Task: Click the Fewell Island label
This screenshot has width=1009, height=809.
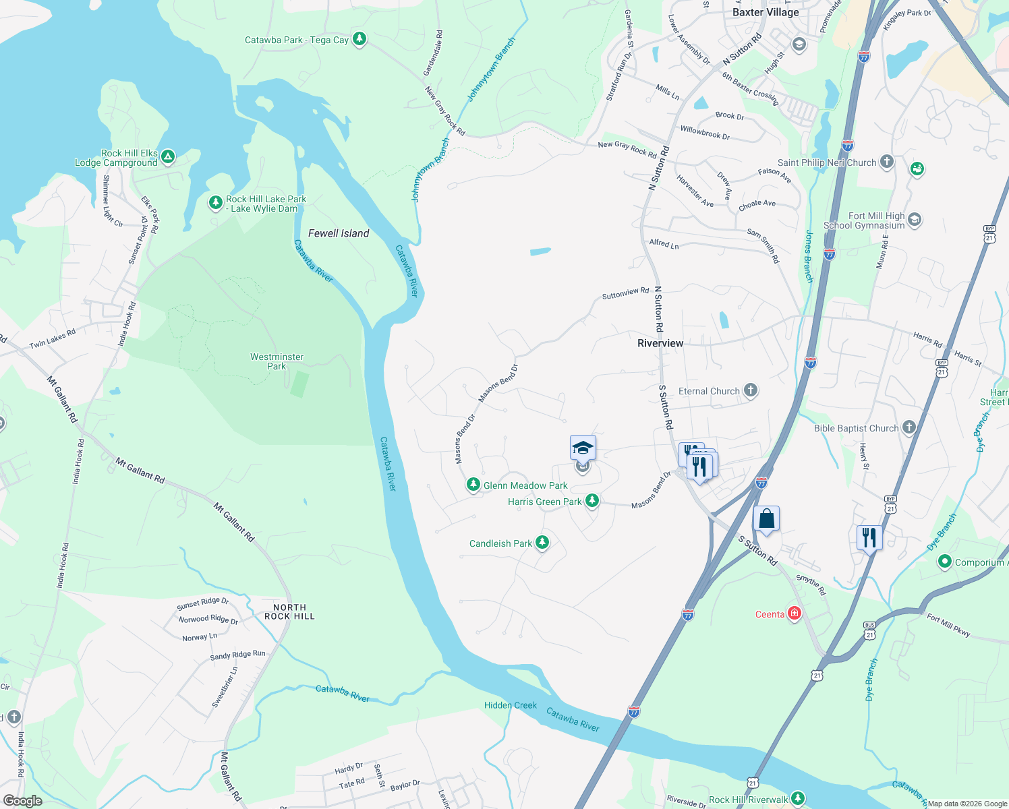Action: click(x=339, y=233)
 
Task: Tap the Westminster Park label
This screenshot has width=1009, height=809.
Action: click(x=277, y=361)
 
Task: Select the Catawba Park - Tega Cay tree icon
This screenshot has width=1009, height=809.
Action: click(x=359, y=38)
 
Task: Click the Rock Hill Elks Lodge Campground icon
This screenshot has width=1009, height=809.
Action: click(x=168, y=157)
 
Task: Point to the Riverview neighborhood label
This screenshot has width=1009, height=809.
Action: click(x=660, y=343)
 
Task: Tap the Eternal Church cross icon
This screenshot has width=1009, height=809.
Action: click(x=750, y=390)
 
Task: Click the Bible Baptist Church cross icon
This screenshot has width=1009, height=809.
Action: click(x=909, y=427)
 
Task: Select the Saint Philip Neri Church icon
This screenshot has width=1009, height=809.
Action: click(x=887, y=161)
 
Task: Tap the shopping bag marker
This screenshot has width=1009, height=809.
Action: click(x=766, y=519)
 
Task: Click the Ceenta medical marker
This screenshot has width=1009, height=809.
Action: click(x=795, y=613)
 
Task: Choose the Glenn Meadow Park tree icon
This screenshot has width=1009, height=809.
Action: click(x=473, y=485)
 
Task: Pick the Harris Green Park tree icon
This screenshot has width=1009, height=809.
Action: click(x=592, y=500)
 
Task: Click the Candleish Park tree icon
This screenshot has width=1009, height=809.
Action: click(x=542, y=542)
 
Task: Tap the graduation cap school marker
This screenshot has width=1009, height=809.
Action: click(x=583, y=448)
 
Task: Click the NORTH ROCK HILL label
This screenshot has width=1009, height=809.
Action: click(x=289, y=611)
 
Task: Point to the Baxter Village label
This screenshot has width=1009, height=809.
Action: click(x=766, y=12)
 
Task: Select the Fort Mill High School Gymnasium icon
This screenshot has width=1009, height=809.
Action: click(x=915, y=219)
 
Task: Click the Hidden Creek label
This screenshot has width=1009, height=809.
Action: click(x=511, y=705)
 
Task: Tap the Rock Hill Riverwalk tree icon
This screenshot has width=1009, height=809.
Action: click(x=798, y=798)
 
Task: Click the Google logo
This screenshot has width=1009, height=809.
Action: click(x=22, y=801)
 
